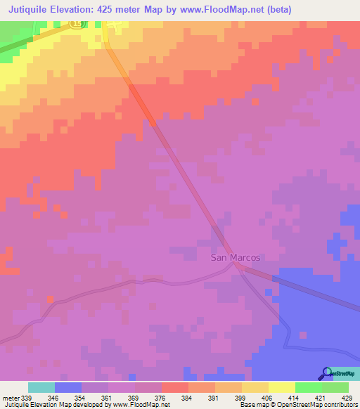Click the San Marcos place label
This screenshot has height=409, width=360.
click(235, 257)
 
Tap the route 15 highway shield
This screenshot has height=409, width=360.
click(77, 23)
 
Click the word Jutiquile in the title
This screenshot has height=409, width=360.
click(34, 9)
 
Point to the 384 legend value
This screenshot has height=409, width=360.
click(187, 398)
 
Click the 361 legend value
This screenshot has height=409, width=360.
click(107, 398)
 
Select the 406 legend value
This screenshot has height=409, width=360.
click(267, 398)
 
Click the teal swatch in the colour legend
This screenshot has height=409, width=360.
click(41, 387)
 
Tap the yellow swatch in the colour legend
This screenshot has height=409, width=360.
click(282, 387)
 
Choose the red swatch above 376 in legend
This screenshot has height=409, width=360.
click(175, 387)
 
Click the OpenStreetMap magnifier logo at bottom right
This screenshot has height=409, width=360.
click(326, 373)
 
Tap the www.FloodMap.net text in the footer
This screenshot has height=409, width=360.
click(136, 405)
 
